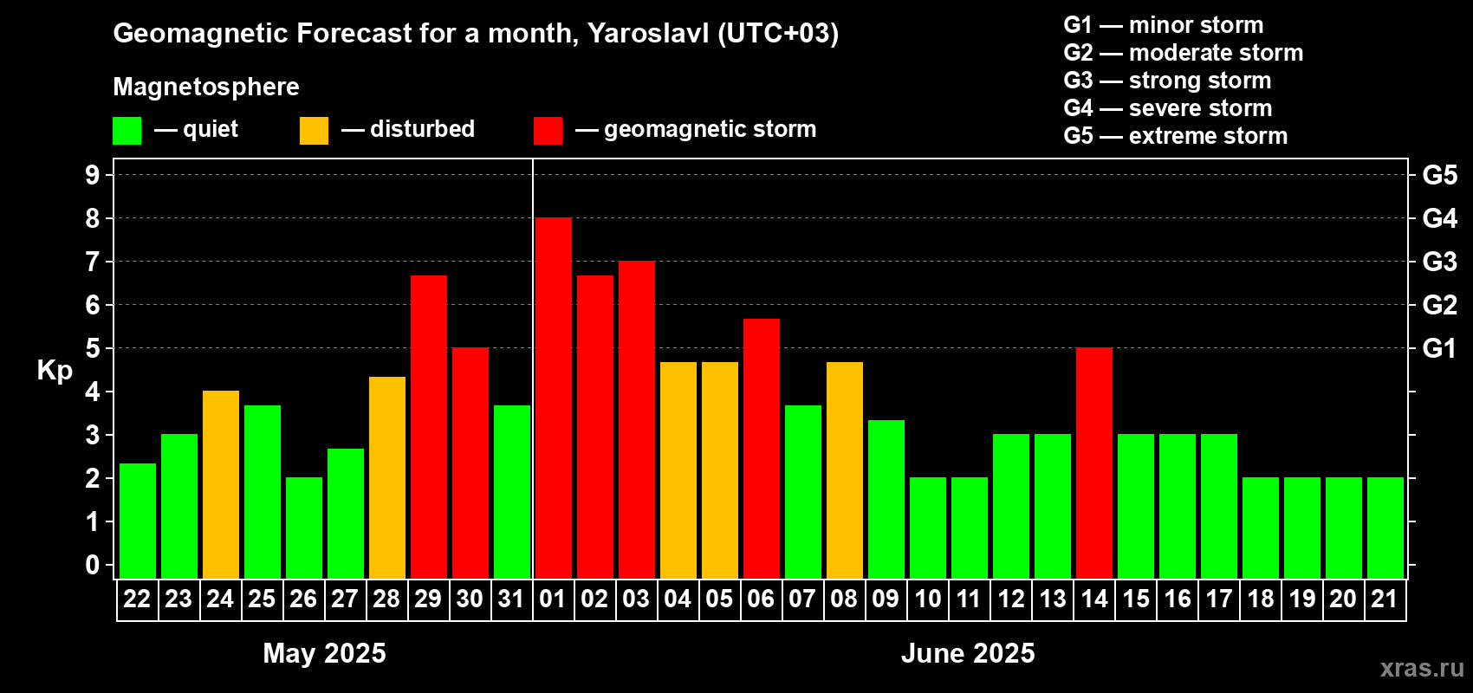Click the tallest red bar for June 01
tap(553, 398)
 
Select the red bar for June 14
tap(1094, 463)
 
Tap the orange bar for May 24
tap(221, 484)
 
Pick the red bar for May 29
tap(429, 427)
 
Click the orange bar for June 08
tap(844, 470)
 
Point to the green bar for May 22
tap(138, 521)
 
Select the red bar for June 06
tap(762, 449)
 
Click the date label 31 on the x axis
tap(511, 599)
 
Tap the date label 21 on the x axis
tap(1385, 599)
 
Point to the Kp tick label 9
tap(92, 175)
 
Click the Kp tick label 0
tap(92, 565)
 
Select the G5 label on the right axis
tap(1440, 175)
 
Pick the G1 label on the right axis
tap(1440, 348)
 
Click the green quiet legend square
tap(127, 130)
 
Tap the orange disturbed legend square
tap(314, 130)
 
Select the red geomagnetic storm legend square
tap(548, 130)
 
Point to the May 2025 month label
tap(324, 653)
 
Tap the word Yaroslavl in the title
tap(648, 34)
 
